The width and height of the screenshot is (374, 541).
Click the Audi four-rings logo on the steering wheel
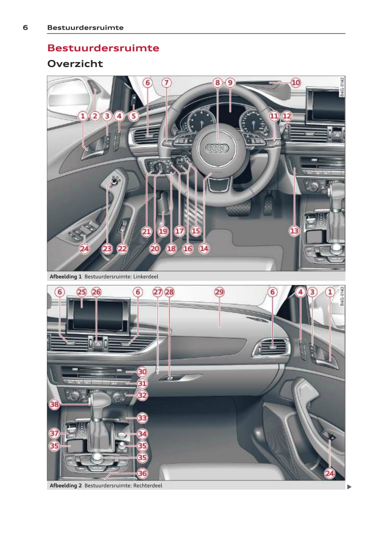pyautogui.click(x=216, y=148)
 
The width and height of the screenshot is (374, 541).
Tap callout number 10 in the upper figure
pyautogui.click(x=295, y=83)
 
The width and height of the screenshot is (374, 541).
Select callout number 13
pyautogui.click(x=294, y=231)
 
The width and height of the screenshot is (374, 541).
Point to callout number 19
pyautogui.click(x=163, y=231)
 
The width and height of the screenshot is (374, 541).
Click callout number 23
pyautogui.click(x=107, y=249)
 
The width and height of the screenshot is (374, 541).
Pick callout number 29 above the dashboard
pyautogui.click(x=219, y=292)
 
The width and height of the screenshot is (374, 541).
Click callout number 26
pyautogui.click(x=96, y=292)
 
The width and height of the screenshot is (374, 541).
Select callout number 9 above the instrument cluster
pyautogui.click(x=230, y=83)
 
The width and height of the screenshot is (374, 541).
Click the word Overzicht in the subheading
pyautogui.click(x=75, y=64)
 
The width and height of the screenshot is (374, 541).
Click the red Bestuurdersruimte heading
pyautogui.click(x=103, y=48)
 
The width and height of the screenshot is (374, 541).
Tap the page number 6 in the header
pyautogui.click(x=26, y=27)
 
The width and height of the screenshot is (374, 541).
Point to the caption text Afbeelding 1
pyautogui.click(x=65, y=276)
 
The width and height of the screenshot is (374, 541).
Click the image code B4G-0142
pyautogui.click(x=342, y=87)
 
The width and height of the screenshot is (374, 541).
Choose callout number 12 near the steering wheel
pyautogui.click(x=287, y=116)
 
